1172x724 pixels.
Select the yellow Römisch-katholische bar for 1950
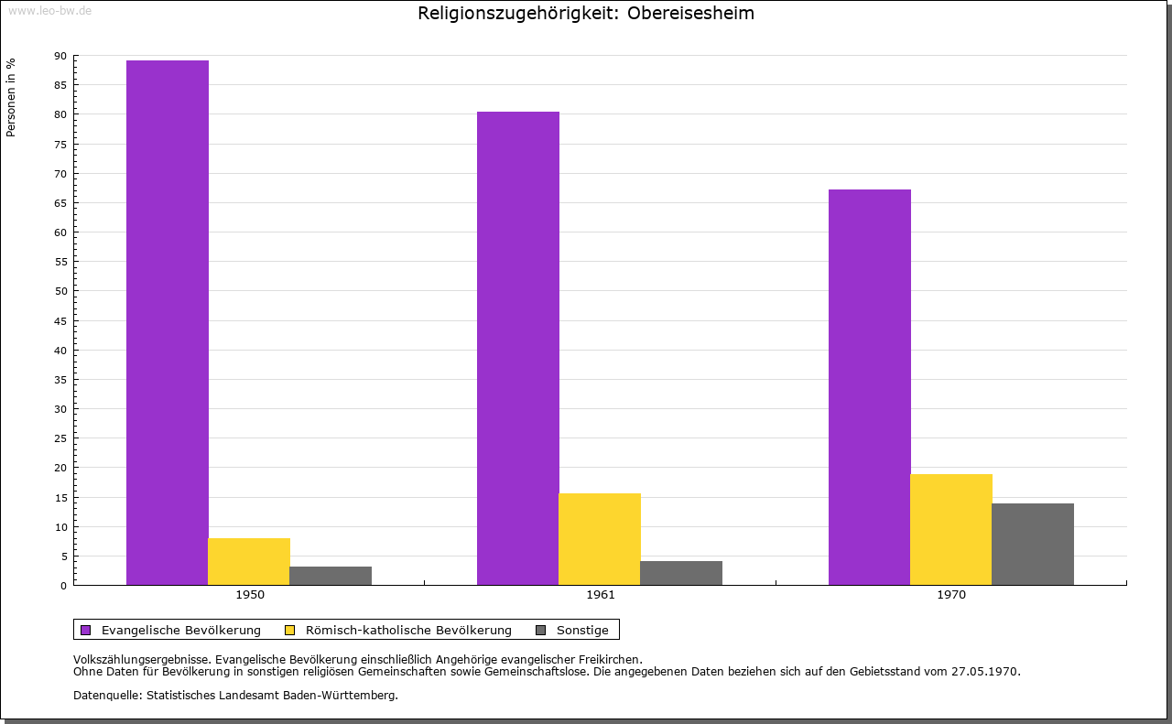click(x=249, y=561)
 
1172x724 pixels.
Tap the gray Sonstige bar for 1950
click(x=331, y=576)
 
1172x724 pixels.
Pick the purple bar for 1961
click(x=518, y=348)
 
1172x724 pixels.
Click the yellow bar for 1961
click(x=600, y=539)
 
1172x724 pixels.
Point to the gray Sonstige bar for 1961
click(x=681, y=573)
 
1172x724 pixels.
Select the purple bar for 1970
click(x=870, y=387)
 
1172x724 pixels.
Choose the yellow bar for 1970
click(x=951, y=529)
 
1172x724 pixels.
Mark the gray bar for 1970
click(x=1033, y=544)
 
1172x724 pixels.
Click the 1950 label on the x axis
click(x=250, y=595)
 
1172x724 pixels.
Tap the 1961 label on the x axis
click(x=601, y=595)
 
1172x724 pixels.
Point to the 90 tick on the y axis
click(x=60, y=56)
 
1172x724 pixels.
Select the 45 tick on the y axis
click(x=60, y=321)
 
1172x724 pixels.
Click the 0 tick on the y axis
click(x=64, y=586)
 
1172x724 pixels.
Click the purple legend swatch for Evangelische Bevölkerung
click(x=86, y=630)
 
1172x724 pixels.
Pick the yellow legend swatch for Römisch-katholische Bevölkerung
click(x=290, y=630)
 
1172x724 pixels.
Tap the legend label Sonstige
click(x=582, y=630)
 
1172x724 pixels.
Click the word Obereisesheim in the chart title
click(x=690, y=14)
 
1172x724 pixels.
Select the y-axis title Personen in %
click(x=11, y=97)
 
